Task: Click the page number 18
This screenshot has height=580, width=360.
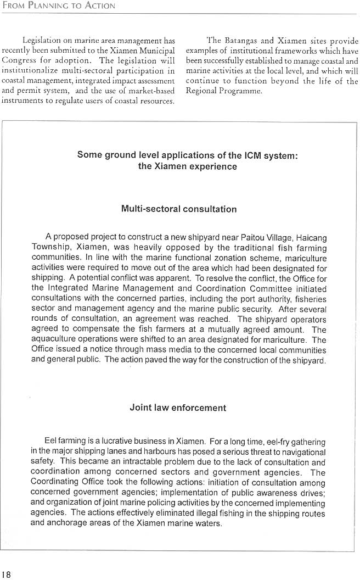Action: coord(6,575)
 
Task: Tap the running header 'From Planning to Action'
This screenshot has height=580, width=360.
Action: coord(58,6)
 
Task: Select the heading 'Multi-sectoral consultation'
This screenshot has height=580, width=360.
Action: coord(179,209)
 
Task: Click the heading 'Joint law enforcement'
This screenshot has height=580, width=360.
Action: coord(178,408)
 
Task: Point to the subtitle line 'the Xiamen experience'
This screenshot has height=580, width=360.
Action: coord(188,166)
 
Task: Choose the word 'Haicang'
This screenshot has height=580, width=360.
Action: coord(311,238)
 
